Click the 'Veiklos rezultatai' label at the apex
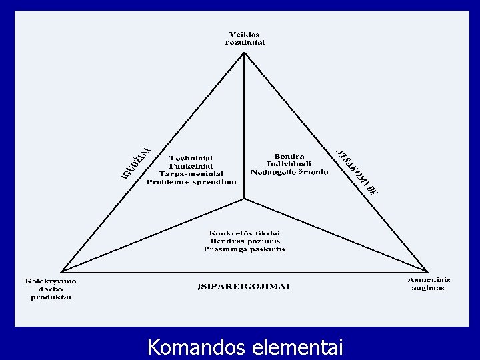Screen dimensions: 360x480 click(246, 38)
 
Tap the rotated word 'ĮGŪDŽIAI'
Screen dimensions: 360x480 click(136, 162)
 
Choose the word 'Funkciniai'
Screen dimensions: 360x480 click(191, 165)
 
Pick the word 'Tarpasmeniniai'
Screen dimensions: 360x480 click(191, 173)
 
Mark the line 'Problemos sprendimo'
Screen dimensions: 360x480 click(191, 181)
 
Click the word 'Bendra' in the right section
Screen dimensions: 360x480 click(285, 156)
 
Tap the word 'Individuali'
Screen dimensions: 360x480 click(285, 164)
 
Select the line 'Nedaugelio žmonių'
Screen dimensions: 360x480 click(285, 172)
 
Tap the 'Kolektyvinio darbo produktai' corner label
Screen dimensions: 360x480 click(51, 289)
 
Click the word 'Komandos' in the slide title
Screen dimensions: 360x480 click(195, 347)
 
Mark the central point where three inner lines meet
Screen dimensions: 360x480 click(245, 198)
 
